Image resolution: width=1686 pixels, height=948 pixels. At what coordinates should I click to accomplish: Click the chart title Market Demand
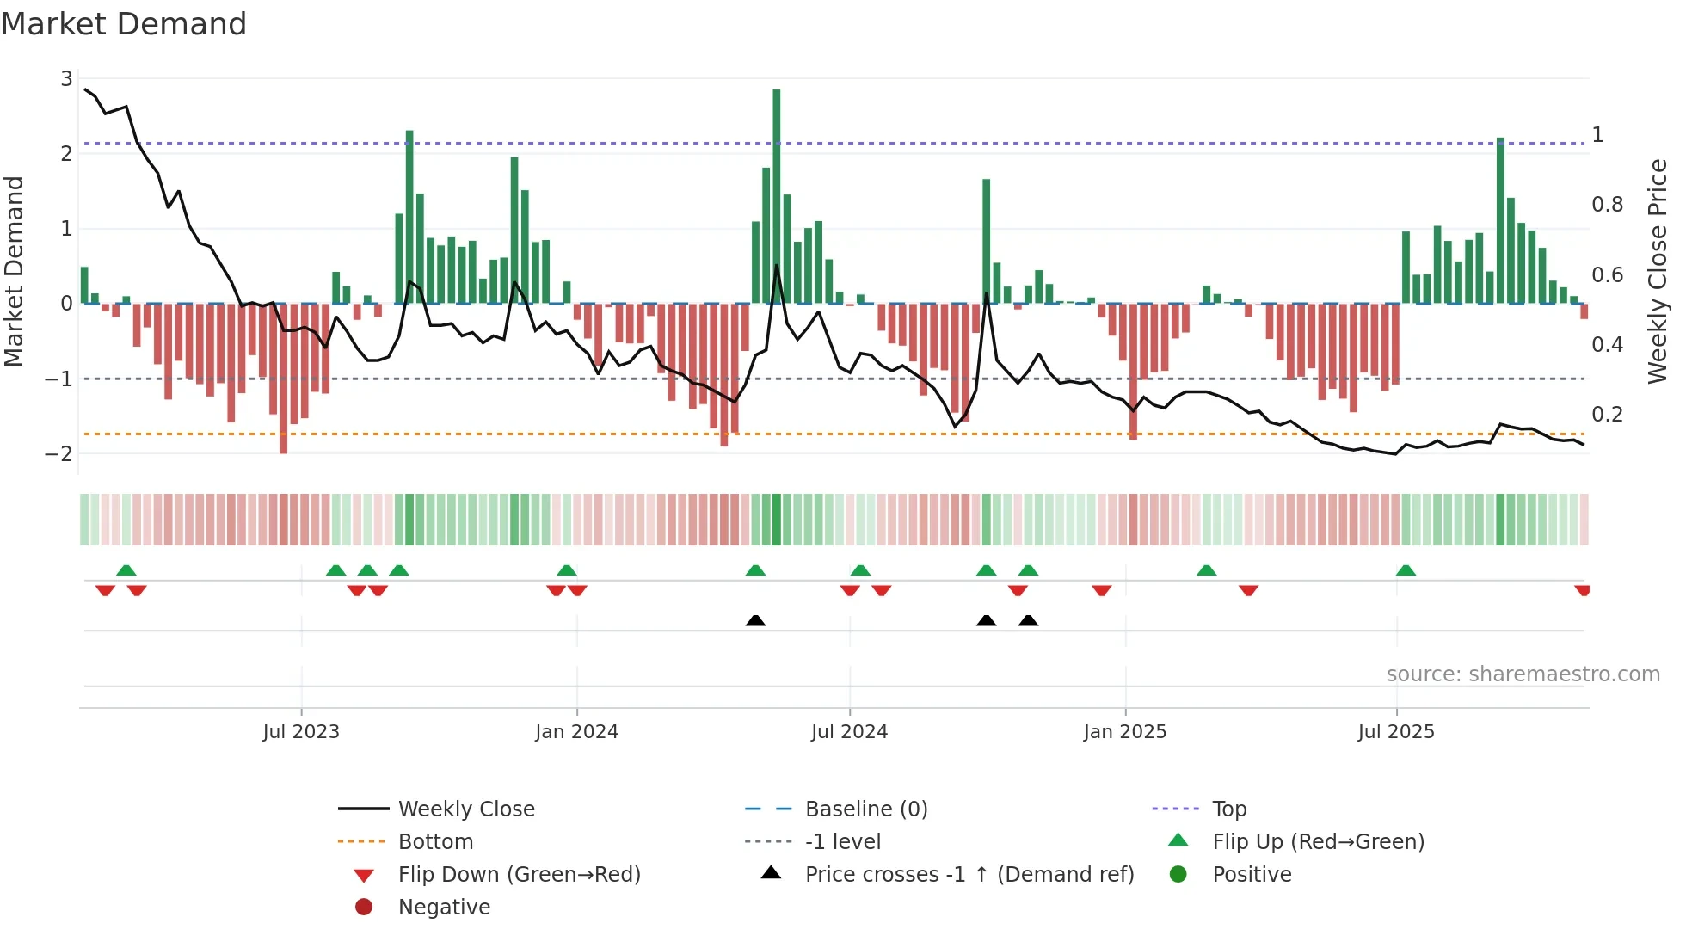pos(124,24)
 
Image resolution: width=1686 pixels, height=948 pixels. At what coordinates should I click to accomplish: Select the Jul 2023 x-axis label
pos(301,732)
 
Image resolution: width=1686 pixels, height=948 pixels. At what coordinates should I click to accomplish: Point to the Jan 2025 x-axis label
pos(1124,732)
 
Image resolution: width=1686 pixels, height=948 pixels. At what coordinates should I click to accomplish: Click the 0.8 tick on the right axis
pos(1607,205)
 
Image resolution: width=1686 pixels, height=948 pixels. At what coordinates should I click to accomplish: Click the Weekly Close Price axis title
pos(1657,271)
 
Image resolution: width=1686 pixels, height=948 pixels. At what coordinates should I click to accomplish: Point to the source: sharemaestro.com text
pos(1523,674)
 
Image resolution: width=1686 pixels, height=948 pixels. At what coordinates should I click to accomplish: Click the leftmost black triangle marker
pos(755,620)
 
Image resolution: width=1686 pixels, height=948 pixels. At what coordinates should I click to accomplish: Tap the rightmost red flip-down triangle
pos(1582,590)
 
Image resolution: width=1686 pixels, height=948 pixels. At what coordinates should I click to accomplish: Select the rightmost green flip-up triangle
pos(1406,570)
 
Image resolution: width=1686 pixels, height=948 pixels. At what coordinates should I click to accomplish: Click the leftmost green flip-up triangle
pos(126,570)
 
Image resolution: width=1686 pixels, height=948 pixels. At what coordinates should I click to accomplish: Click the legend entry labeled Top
pos(1228,809)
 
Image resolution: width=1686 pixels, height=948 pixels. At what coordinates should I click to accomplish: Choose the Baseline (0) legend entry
pos(865,809)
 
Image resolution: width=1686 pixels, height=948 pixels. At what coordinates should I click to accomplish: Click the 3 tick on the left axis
pos(66,79)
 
